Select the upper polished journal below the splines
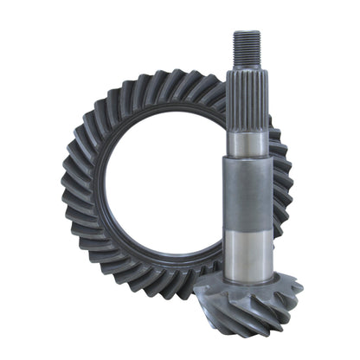click(x=247, y=144)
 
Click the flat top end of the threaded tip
click(x=246, y=32)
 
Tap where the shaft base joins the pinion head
click(x=249, y=275)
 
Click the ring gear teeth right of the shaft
click(x=282, y=182)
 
